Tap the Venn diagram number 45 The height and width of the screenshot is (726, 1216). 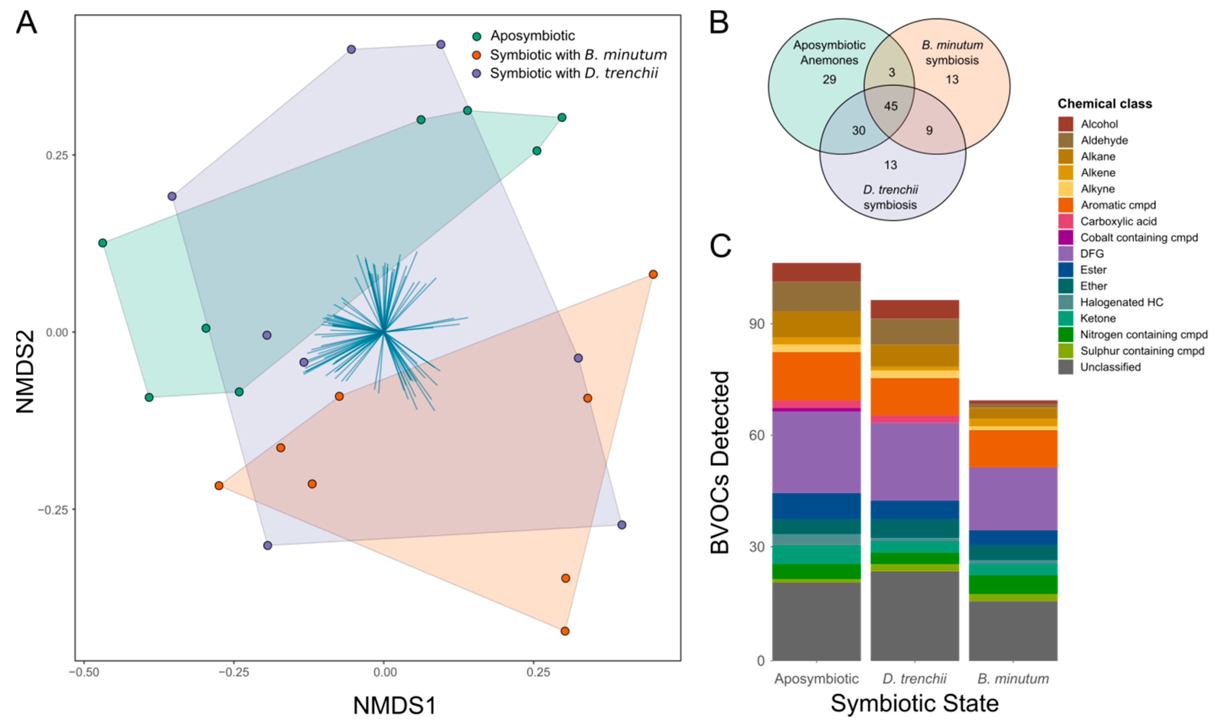click(890, 106)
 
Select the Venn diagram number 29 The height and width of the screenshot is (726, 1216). click(829, 79)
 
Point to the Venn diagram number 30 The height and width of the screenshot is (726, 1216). click(859, 131)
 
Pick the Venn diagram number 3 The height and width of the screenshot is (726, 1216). click(891, 72)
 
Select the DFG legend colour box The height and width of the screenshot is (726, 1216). click(1066, 254)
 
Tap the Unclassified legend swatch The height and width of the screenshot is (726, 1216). click(1066, 367)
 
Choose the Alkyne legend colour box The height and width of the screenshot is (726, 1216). click(1066, 189)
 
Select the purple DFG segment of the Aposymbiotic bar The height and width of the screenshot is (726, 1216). click(816, 452)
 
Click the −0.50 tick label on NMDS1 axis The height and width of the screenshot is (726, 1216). click(84, 672)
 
